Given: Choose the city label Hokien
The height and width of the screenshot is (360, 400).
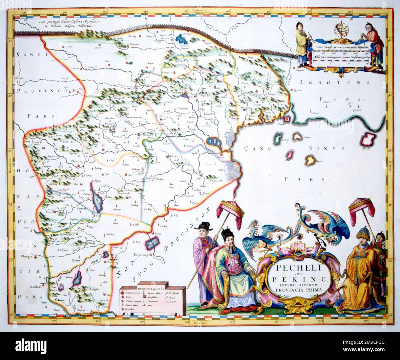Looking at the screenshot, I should click(174, 156).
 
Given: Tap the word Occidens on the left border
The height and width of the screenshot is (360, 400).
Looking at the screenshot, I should click(10, 167).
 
